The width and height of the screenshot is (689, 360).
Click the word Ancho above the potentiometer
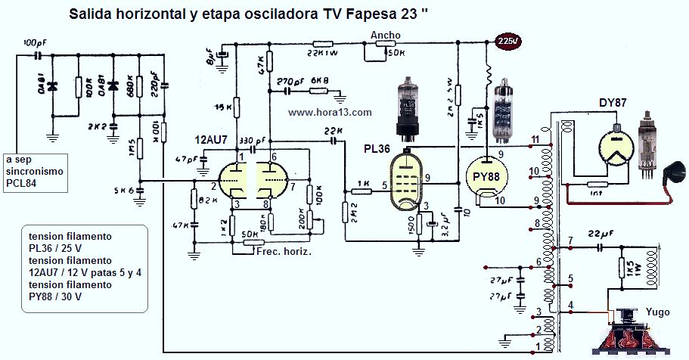coord(385,36)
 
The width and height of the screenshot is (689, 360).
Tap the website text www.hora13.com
coord(330,112)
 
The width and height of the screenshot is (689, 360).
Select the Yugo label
coord(658,311)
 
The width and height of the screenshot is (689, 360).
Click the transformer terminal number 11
coord(535,140)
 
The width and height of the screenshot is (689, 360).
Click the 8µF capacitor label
coord(209,55)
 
